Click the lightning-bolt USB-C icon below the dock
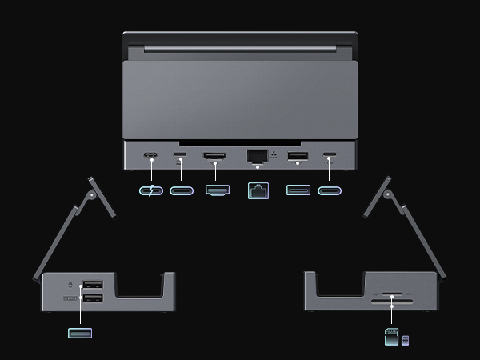click(x=150, y=191)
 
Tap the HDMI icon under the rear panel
click(x=218, y=191)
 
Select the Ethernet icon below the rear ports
click(x=258, y=190)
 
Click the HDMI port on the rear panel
click(x=214, y=155)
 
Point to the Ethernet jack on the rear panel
click(x=257, y=155)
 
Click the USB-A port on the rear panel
click(x=298, y=155)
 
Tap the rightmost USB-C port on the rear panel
click(x=329, y=154)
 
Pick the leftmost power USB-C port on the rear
click(x=150, y=154)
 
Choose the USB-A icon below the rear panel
click(x=298, y=191)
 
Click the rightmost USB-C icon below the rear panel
click(x=330, y=191)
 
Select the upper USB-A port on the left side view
click(x=93, y=285)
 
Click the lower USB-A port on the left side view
click(x=93, y=298)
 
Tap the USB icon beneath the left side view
click(x=80, y=333)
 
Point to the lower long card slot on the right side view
click(x=392, y=303)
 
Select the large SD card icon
click(x=392, y=338)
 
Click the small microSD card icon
click(x=406, y=341)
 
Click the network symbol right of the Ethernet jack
click(x=274, y=153)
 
